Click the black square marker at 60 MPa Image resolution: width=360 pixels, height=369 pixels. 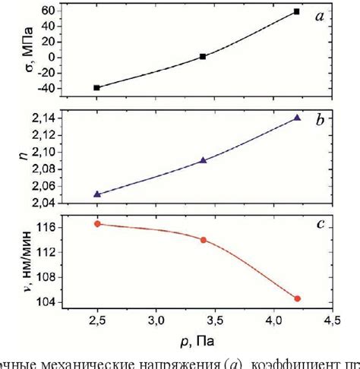pyautogui.click(x=296, y=11)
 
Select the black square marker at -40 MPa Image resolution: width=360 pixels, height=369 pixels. pyautogui.click(x=96, y=88)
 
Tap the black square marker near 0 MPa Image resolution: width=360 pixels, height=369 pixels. pyautogui.click(x=203, y=56)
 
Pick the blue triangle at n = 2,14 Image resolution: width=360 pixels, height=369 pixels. pyautogui.click(x=297, y=117)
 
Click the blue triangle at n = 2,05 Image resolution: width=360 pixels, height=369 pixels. pyautogui.click(x=96, y=194)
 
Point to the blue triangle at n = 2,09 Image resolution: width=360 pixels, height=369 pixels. pyautogui.click(x=203, y=160)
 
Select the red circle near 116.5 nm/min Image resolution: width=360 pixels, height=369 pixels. pyautogui.click(x=96, y=223)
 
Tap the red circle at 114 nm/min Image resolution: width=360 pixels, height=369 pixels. pyautogui.click(x=203, y=240)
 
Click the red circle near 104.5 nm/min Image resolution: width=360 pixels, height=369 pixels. pyautogui.click(x=297, y=298)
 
